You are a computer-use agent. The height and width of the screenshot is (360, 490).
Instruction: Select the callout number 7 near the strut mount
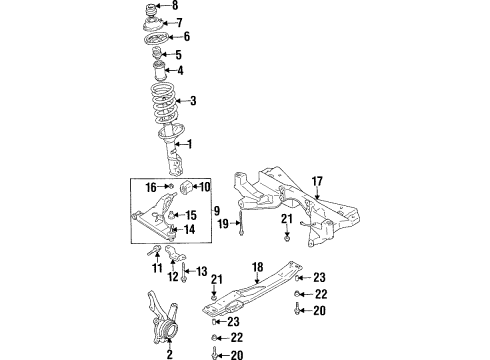[x=179, y=22]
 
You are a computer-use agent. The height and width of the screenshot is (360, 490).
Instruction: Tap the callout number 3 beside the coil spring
[x=193, y=100]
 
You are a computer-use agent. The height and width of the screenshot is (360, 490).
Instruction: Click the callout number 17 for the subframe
[x=317, y=181]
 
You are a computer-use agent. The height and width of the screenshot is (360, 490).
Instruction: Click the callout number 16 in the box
[x=152, y=187]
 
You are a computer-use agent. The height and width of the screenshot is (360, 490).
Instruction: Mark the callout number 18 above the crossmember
[x=256, y=267]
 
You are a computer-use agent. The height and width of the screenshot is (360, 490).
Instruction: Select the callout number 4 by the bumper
[x=180, y=70]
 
